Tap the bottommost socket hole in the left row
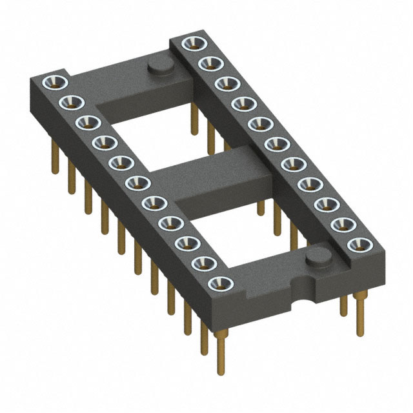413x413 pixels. click(221, 283)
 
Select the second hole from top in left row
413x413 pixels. click(70, 102)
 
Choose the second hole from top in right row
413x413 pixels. click(208, 63)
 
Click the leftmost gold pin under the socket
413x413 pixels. click(54, 161)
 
